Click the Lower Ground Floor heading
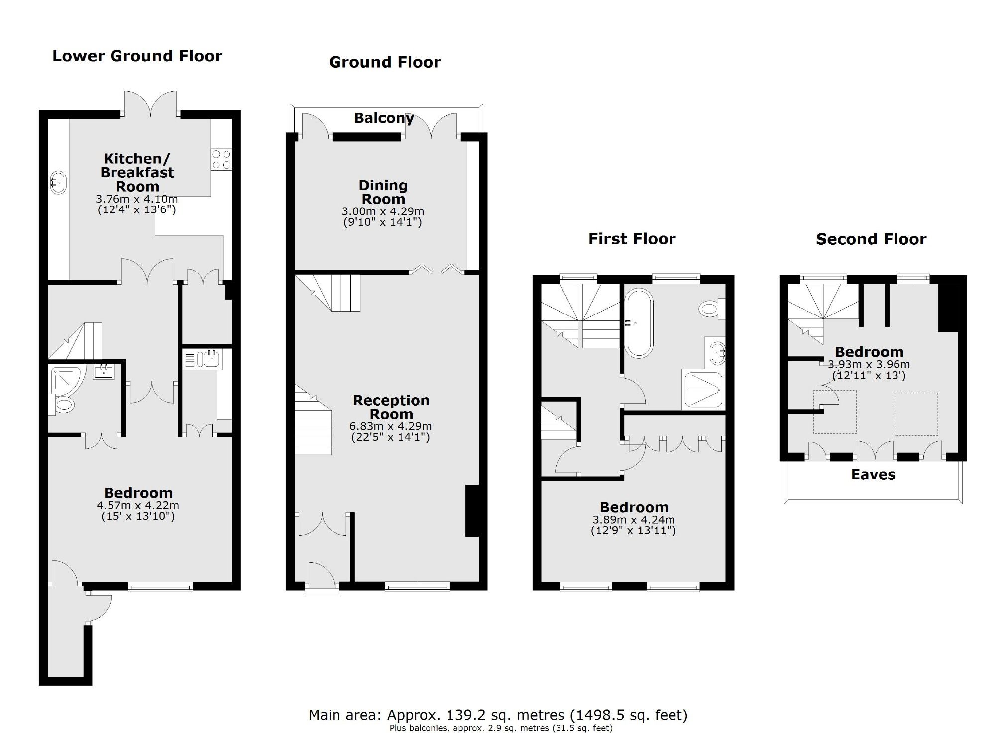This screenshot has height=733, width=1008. (137, 56)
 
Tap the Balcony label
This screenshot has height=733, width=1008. (384, 118)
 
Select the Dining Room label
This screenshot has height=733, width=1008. (383, 192)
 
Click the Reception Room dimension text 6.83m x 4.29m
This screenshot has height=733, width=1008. (390, 426)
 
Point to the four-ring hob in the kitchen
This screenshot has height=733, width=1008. (222, 159)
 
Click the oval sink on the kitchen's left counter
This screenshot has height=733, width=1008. (58, 183)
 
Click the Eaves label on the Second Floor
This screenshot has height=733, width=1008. (873, 475)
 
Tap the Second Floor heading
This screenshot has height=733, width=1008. (871, 239)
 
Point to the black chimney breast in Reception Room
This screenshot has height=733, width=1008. (472, 511)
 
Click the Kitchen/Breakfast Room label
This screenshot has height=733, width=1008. (137, 173)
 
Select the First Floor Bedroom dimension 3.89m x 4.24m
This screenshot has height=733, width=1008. (633, 520)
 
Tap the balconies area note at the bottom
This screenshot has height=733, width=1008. (500, 728)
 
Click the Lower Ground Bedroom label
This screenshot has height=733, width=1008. (138, 493)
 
